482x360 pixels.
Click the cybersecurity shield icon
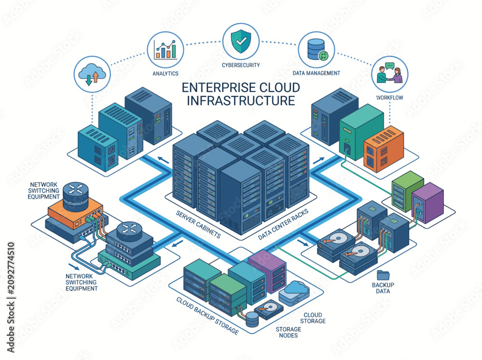click(241, 42)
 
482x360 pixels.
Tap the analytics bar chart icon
click(166, 50)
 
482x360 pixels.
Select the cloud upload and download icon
click(92, 74)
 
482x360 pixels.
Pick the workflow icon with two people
click(389, 74)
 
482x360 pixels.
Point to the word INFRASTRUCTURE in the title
click(241, 101)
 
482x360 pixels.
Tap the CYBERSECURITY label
click(241, 65)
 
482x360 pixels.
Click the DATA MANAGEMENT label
click(316, 73)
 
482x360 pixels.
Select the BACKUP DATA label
click(383, 288)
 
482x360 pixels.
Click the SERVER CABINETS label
click(198, 225)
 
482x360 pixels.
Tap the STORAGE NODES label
click(288, 333)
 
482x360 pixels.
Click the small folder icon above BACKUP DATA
click(383, 275)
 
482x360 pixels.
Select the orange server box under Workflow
click(384, 148)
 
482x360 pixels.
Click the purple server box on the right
click(428, 202)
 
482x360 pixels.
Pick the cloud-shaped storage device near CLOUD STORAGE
click(294, 293)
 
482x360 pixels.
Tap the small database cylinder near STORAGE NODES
click(252, 319)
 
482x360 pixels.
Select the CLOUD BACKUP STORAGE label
click(207, 316)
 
